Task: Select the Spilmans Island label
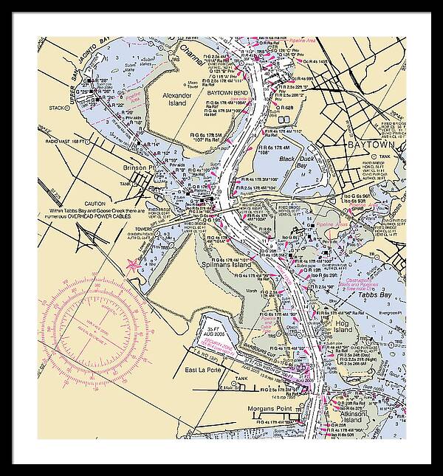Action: click(227, 264)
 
